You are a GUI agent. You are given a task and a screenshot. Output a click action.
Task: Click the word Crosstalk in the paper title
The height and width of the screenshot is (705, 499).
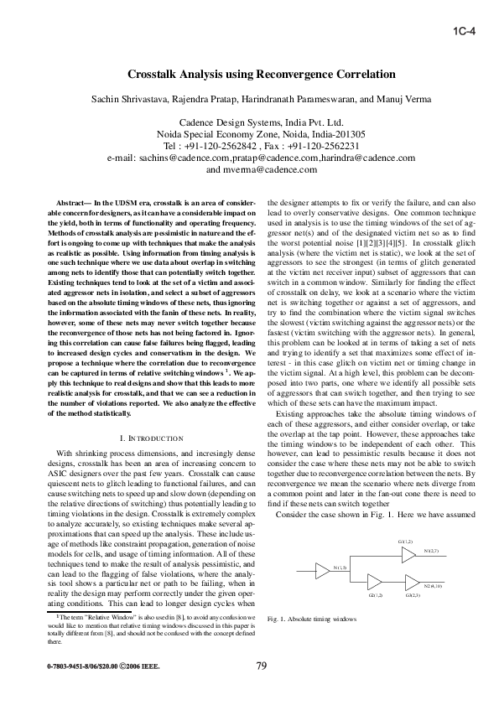pyautogui.click(x=154, y=75)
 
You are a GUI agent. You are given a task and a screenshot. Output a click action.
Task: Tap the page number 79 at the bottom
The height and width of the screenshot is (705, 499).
pyautogui.click(x=261, y=666)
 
